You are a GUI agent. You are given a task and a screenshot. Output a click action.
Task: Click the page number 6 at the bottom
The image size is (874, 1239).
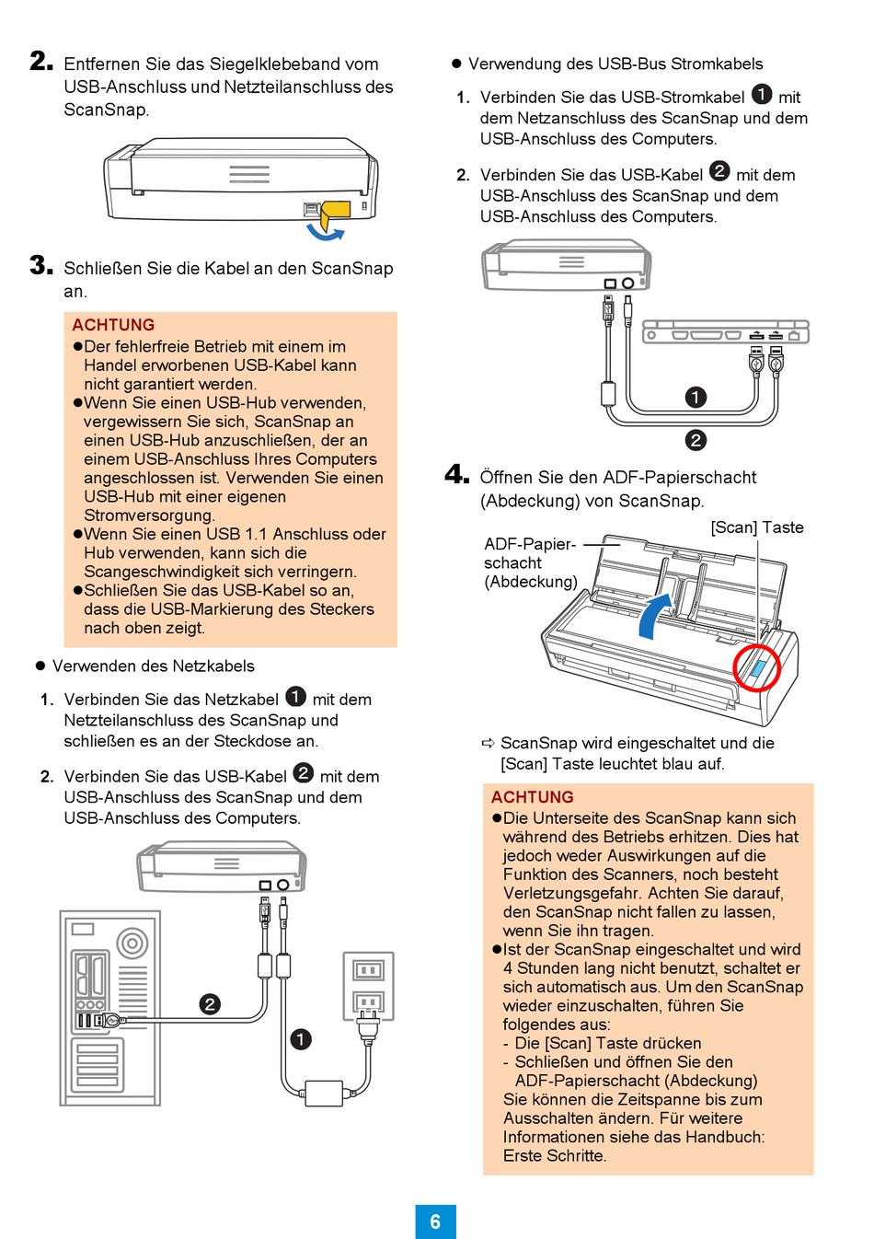pyautogui.click(x=435, y=1222)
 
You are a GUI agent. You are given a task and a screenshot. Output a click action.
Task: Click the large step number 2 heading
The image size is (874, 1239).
pyautogui.click(x=41, y=62)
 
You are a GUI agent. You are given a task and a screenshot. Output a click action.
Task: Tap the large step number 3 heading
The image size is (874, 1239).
pyautogui.click(x=41, y=266)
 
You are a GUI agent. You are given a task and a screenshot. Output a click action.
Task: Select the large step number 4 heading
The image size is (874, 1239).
pyautogui.click(x=456, y=475)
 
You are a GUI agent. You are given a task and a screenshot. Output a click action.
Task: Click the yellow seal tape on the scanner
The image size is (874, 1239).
pyautogui.click(x=336, y=212)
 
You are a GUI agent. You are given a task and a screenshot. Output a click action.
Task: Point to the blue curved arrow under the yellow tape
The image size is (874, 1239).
pyautogui.click(x=325, y=231)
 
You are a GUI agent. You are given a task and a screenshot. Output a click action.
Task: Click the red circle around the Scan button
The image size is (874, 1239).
pyautogui.click(x=756, y=666)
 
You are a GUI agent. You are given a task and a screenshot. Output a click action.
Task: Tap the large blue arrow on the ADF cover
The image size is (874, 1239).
pyautogui.click(x=654, y=615)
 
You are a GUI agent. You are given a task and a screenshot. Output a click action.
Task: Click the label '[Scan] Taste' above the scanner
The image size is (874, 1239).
pyautogui.click(x=757, y=527)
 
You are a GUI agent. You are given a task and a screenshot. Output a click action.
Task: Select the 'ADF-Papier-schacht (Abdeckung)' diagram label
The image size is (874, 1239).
pyautogui.click(x=531, y=562)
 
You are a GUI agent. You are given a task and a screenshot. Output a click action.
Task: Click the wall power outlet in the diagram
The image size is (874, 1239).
pyautogui.click(x=368, y=986)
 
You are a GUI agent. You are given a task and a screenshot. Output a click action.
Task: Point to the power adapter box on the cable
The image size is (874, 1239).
pyautogui.click(x=323, y=1094)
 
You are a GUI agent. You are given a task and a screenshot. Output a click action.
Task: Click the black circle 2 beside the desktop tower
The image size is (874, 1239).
pyautogui.click(x=210, y=1004)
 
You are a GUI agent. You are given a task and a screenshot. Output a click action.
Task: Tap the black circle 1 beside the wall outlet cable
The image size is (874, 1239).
pyautogui.click(x=301, y=1039)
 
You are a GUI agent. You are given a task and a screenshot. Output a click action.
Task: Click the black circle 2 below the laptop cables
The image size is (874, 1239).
pyautogui.click(x=696, y=440)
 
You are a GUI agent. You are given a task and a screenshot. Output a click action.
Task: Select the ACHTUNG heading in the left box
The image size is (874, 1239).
pyautogui.click(x=113, y=325)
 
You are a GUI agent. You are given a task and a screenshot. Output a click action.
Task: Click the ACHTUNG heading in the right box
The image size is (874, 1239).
pyautogui.click(x=532, y=797)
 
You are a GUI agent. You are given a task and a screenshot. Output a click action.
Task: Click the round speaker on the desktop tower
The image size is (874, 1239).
pyautogui.click(x=132, y=943)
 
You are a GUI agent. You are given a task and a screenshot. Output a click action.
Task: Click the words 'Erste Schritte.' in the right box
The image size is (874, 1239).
pyautogui.click(x=555, y=1156)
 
